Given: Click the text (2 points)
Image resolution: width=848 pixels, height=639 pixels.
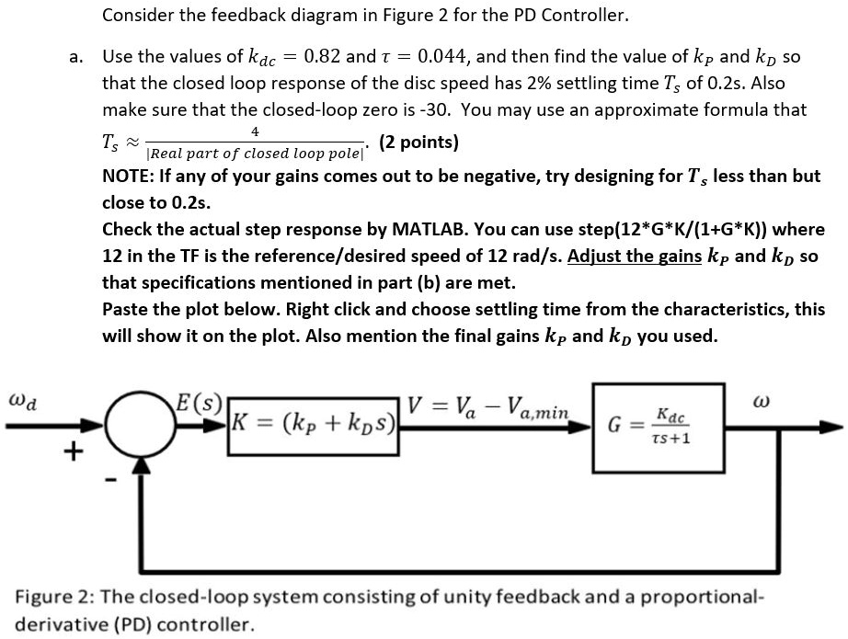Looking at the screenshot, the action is coord(418,143).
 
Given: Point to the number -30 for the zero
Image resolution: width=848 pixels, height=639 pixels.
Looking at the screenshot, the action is coord(434,109).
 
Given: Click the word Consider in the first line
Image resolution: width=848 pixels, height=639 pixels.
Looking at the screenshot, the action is coord(138,16).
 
